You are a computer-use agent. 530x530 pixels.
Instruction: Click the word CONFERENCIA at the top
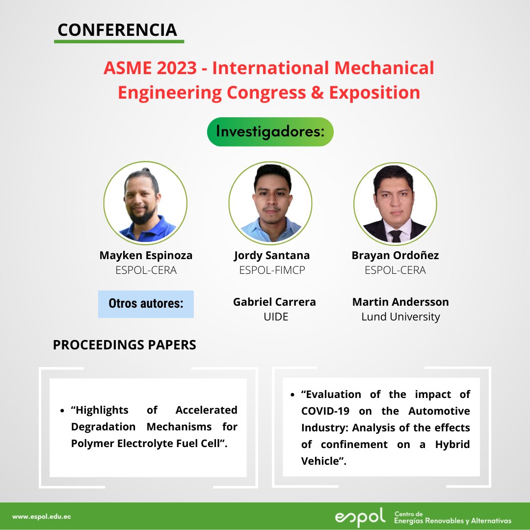(x=117, y=30)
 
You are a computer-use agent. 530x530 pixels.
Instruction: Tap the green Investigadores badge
(x=270, y=132)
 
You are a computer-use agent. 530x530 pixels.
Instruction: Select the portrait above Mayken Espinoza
(x=145, y=202)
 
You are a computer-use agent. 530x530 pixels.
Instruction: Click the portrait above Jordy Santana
(x=270, y=202)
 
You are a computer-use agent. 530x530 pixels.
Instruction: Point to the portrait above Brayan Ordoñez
(x=395, y=202)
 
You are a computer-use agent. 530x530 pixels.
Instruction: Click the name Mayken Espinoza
(x=146, y=255)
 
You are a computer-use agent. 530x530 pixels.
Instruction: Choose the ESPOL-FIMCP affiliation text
(x=272, y=270)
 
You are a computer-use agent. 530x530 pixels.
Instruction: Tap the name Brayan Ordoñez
(x=395, y=255)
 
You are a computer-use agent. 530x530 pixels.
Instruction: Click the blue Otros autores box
(x=146, y=304)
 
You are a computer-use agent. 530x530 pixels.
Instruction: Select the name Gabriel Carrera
(x=274, y=302)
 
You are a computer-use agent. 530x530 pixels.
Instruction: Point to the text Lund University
(x=400, y=317)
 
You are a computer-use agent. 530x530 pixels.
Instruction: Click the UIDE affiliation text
(x=275, y=317)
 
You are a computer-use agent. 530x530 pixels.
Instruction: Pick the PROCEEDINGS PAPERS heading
(x=124, y=345)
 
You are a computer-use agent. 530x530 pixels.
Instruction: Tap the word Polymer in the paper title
(x=94, y=443)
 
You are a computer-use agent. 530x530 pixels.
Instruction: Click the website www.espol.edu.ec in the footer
(x=42, y=517)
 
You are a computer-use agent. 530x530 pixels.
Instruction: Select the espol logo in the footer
(x=360, y=517)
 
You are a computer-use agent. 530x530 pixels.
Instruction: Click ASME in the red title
(x=127, y=68)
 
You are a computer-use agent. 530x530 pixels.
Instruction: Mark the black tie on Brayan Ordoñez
(x=396, y=236)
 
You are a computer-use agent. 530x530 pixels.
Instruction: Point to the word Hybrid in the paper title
(x=452, y=444)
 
